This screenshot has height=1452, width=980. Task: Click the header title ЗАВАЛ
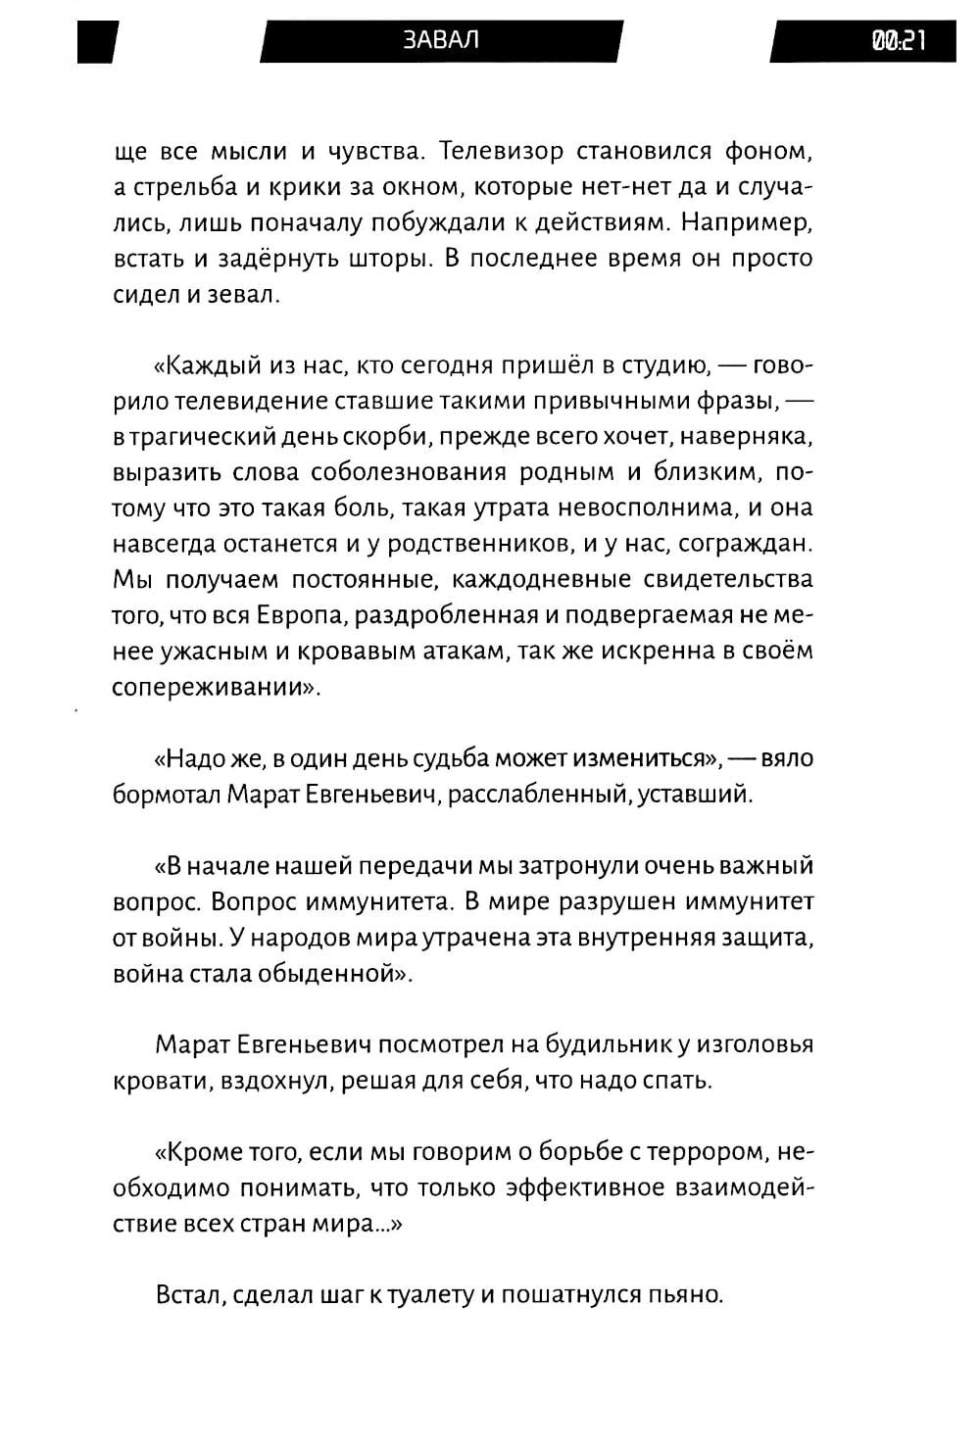440,40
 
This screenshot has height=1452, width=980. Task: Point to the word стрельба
183,188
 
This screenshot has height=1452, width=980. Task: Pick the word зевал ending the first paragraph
243,295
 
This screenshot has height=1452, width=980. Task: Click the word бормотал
167,794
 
